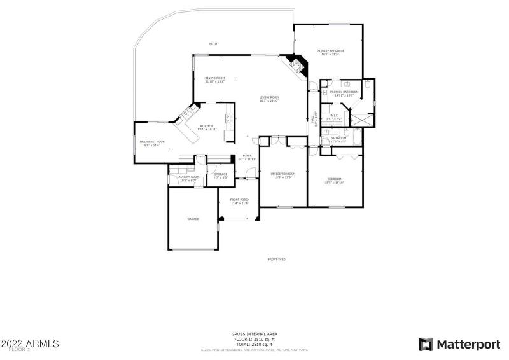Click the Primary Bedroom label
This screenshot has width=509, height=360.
(330, 51)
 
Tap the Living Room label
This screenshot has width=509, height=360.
(269, 97)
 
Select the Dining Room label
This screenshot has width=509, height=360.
(215, 78)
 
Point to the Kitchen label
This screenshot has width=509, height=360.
(207, 126)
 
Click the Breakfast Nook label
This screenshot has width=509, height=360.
(151, 142)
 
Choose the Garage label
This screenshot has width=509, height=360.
(193, 219)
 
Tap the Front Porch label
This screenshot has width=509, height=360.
(239, 200)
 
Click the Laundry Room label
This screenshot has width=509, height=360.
(189, 177)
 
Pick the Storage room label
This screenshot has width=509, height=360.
(221, 174)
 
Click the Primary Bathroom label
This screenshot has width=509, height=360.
(344, 92)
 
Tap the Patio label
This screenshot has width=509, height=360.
(213, 44)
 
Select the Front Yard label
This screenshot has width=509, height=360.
(276, 259)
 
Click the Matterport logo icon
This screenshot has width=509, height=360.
(426, 344)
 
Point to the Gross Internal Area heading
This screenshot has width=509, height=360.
(254, 333)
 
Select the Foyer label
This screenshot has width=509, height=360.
(247, 156)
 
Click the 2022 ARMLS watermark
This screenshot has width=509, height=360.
(30, 343)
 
